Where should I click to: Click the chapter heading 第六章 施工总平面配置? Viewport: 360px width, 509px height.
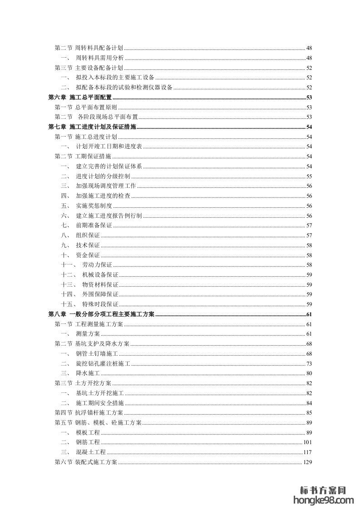[x=80, y=98]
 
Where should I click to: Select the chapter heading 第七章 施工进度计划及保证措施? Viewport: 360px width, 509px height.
[x=92, y=127]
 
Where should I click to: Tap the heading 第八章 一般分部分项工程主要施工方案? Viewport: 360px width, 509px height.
[x=101, y=314]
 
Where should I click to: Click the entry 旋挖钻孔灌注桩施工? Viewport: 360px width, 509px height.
[x=103, y=364]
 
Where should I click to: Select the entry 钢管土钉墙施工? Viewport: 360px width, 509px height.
[x=97, y=354]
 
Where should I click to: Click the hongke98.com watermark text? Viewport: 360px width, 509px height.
[x=324, y=500]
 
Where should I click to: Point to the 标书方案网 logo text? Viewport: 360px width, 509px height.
[x=324, y=490]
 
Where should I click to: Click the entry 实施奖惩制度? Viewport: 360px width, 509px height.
[x=94, y=206]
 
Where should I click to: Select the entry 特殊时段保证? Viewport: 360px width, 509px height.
[x=100, y=304]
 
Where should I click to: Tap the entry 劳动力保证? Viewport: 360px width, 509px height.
[x=97, y=265]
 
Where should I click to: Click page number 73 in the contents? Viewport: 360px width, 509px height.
[x=309, y=364]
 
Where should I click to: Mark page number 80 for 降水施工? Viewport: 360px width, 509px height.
[x=309, y=373]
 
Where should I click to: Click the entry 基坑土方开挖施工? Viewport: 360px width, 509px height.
[x=100, y=393]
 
